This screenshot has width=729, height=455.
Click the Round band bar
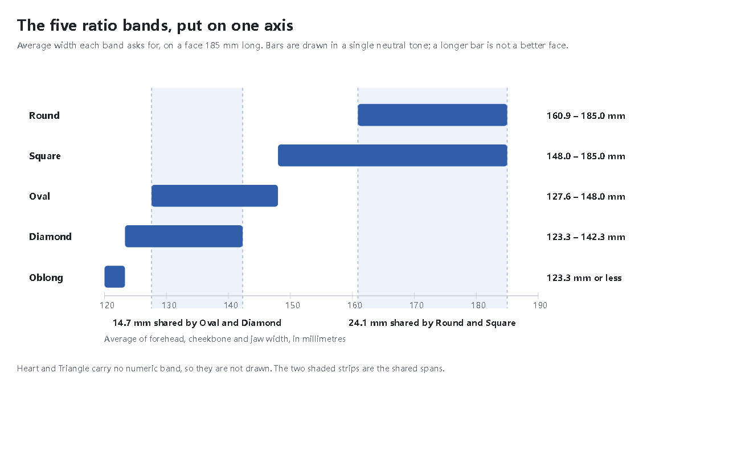(x=432, y=115)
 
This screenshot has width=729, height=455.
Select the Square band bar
(x=392, y=155)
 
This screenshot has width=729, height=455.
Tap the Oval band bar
(x=215, y=196)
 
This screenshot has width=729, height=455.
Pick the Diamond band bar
(x=184, y=236)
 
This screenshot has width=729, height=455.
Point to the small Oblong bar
(x=114, y=276)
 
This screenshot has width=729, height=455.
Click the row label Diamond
(x=50, y=237)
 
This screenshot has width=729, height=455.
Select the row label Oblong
(x=46, y=278)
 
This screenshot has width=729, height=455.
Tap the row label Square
(x=44, y=156)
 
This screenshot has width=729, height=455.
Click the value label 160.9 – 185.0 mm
(x=586, y=115)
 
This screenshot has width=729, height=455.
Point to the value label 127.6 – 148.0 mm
(x=586, y=197)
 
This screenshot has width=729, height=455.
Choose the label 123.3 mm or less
(x=584, y=278)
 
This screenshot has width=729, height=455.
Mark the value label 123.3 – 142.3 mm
(x=586, y=237)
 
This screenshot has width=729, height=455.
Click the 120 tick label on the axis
(x=107, y=305)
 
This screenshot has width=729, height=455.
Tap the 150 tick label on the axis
(x=293, y=305)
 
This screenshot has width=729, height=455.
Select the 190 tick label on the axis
(x=540, y=305)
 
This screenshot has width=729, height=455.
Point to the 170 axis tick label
(x=416, y=305)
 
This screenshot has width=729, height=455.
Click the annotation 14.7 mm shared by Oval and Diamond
(x=197, y=323)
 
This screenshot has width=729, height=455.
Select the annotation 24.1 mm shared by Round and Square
(x=432, y=323)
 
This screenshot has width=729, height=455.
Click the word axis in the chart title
(x=279, y=26)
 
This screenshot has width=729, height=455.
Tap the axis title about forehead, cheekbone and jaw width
(x=224, y=340)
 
